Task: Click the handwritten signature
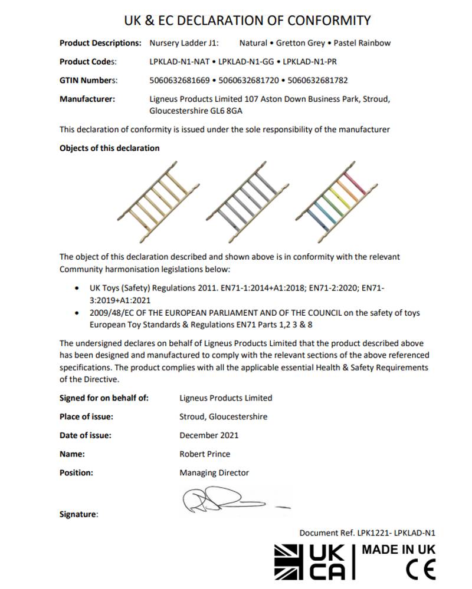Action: pos(230,501)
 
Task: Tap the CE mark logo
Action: pos(421,570)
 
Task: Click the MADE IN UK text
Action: pos(398,550)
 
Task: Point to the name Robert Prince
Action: pos(205,454)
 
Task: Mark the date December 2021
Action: pos(209,435)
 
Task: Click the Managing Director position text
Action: pos(214,473)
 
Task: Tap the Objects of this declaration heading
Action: pos(109,148)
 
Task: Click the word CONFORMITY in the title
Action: pos(329,21)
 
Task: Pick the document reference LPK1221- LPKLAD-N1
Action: pos(396,533)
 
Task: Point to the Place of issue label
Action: pos(86,416)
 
